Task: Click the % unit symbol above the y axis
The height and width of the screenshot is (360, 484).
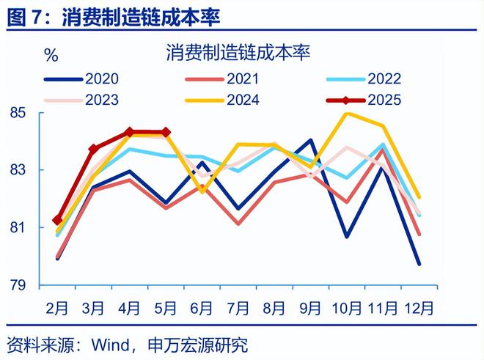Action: click(x=51, y=54)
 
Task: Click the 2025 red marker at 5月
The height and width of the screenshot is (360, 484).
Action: click(x=166, y=133)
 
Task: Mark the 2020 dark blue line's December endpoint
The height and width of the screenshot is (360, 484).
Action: click(x=419, y=263)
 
